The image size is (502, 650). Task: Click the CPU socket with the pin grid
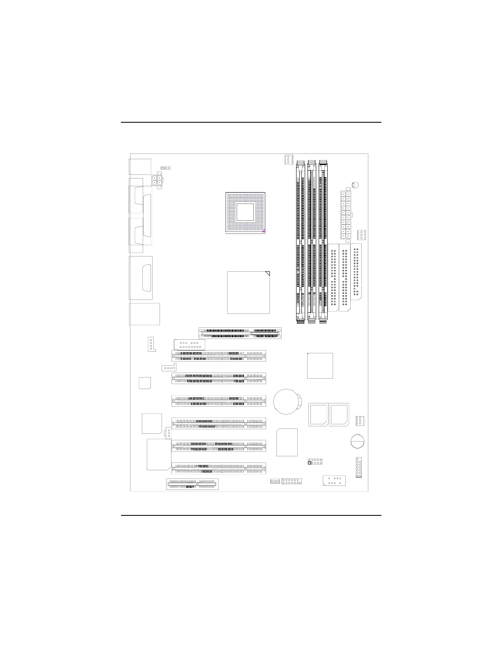pyautogui.click(x=246, y=212)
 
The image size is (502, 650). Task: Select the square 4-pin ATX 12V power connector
pyautogui.click(x=157, y=180)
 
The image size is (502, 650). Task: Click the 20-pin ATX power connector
pyautogui.click(x=346, y=214)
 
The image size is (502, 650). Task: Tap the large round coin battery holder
pyautogui.click(x=287, y=402)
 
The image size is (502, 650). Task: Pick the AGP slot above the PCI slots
pyautogui.click(x=240, y=333)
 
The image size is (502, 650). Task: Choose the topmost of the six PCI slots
pyautogui.click(x=219, y=356)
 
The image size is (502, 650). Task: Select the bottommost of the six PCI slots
pyautogui.click(x=219, y=469)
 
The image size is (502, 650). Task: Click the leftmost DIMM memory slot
pyautogui.click(x=301, y=242)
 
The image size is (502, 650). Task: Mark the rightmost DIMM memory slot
pyautogui.click(x=324, y=242)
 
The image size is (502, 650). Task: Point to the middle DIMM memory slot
pyautogui.click(x=312, y=242)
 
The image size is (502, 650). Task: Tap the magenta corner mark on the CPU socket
pyautogui.click(x=264, y=231)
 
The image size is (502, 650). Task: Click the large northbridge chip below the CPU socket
pyautogui.click(x=249, y=292)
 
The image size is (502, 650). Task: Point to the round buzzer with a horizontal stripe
pyautogui.click(x=358, y=442)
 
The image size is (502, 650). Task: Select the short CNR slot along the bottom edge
pyautogui.click(x=192, y=484)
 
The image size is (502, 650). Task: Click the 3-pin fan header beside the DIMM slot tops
pyautogui.click(x=288, y=159)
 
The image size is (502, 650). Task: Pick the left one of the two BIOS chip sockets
pyautogui.click(x=318, y=415)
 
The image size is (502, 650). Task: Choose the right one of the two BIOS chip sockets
pyautogui.click(x=339, y=415)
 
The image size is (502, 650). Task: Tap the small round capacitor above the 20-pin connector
pyautogui.click(x=355, y=185)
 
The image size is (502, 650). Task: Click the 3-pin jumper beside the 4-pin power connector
pyautogui.click(x=166, y=168)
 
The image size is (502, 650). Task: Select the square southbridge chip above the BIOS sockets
pyautogui.click(x=320, y=366)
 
